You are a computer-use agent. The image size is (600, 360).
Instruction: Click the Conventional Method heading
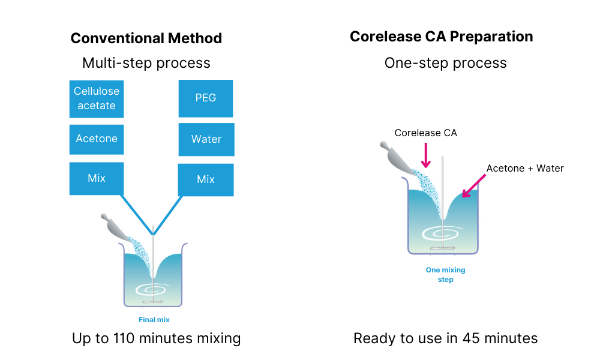coord(146,38)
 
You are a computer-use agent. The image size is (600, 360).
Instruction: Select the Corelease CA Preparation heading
coord(441,37)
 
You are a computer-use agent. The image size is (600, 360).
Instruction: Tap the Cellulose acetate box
coord(97,98)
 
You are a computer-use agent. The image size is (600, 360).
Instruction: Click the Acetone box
coord(97,139)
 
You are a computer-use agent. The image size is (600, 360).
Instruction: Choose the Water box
coord(206,139)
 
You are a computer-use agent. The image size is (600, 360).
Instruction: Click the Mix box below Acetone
coord(97,178)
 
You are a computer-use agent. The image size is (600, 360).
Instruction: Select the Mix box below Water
coord(206,179)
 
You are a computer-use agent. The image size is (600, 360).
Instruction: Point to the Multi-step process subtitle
coord(146,63)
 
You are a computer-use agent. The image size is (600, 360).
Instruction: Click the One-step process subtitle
coord(445,63)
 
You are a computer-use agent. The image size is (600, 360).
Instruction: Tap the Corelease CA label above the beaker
coord(425,133)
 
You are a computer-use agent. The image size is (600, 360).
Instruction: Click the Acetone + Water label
coord(525,168)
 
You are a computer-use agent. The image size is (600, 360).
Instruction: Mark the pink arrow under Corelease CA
coord(426,155)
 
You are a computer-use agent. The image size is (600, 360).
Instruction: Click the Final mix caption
coord(154,320)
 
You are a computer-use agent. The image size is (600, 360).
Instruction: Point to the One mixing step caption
coord(445,275)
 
